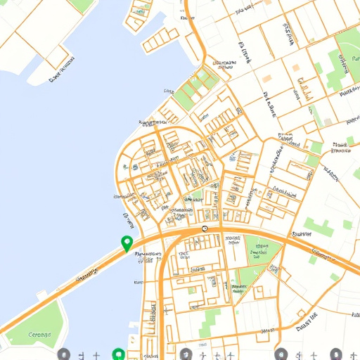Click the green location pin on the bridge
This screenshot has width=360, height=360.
(127, 243)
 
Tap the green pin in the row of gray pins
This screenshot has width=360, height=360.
(118, 354)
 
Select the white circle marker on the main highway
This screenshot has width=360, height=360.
(205, 229)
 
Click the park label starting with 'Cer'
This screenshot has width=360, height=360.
(32, 335)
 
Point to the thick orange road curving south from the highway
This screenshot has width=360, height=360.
(162, 295)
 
